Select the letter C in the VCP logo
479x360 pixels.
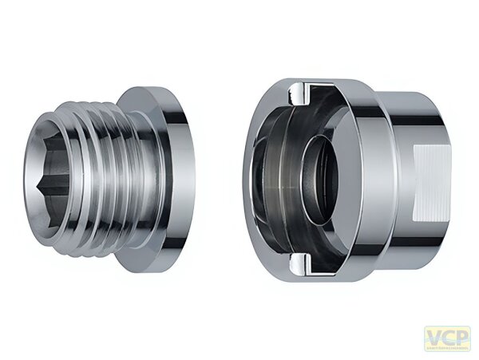pyautogui.click(x=449, y=336)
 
